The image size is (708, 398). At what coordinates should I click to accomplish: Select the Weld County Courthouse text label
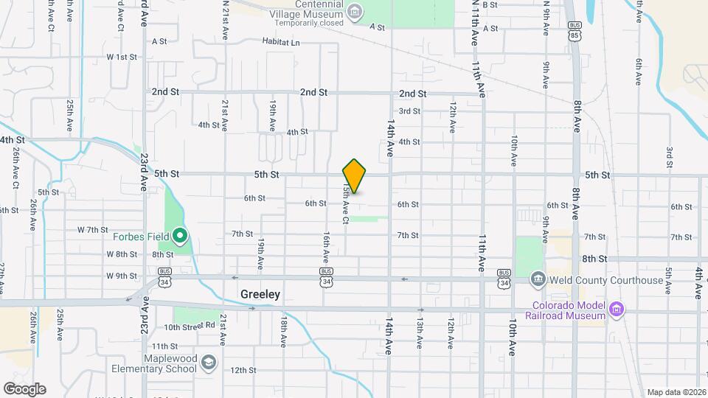[x=606, y=280]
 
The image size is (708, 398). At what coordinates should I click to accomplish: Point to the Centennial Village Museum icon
[x=355, y=10]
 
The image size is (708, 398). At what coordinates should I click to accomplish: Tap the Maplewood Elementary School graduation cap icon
[x=209, y=362]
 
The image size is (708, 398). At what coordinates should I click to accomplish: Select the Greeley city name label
[x=260, y=294]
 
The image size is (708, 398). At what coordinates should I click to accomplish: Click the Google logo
[x=24, y=388]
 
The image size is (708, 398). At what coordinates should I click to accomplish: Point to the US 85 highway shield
[x=574, y=34]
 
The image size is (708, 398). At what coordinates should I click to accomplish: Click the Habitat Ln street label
[x=281, y=43]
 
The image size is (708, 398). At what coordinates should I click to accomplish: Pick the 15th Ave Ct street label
[x=344, y=204]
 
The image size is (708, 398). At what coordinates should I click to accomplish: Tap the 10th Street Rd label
[x=190, y=326]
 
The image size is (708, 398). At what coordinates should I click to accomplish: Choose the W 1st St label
[x=122, y=56]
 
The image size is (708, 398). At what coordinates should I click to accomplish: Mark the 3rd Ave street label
[x=670, y=156]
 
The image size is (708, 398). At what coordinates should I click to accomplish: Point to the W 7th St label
[x=93, y=230]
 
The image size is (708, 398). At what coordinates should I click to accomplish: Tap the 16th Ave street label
[x=325, y=248]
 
